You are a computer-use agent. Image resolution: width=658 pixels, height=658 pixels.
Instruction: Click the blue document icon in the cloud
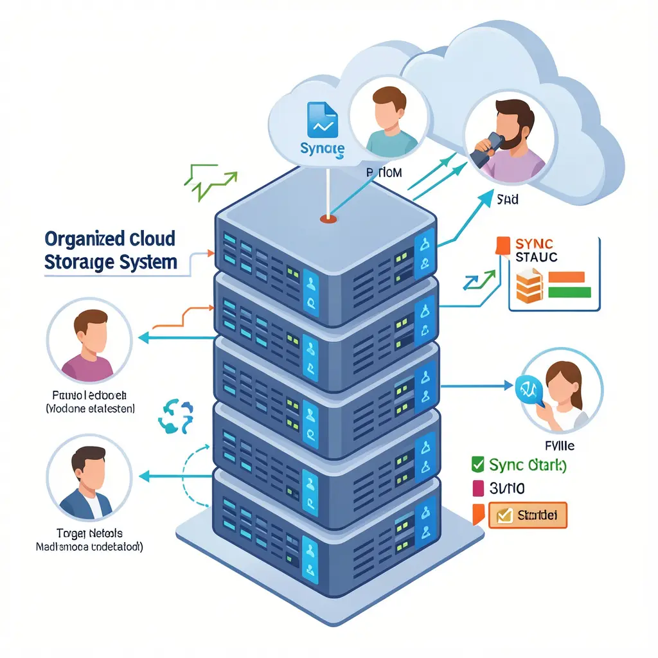[323, 120]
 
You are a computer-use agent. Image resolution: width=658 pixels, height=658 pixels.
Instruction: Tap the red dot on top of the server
[327, 219]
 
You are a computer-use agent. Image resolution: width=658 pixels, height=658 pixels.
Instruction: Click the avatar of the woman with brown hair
[561, 390]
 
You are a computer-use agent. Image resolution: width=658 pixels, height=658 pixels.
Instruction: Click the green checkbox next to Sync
[477, 465]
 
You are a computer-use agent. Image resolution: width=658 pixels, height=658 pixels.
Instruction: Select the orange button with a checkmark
[528, 515]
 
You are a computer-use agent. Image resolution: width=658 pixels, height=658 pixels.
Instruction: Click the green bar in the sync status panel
[570, 292]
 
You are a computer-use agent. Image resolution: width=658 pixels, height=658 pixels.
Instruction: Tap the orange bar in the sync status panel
[566, 277]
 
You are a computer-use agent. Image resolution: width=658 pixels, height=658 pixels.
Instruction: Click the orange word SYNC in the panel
[534, 244]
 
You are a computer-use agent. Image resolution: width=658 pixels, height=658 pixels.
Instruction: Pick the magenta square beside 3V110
[477, 488]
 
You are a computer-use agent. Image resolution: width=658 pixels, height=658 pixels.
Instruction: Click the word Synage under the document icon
[322, 149]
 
